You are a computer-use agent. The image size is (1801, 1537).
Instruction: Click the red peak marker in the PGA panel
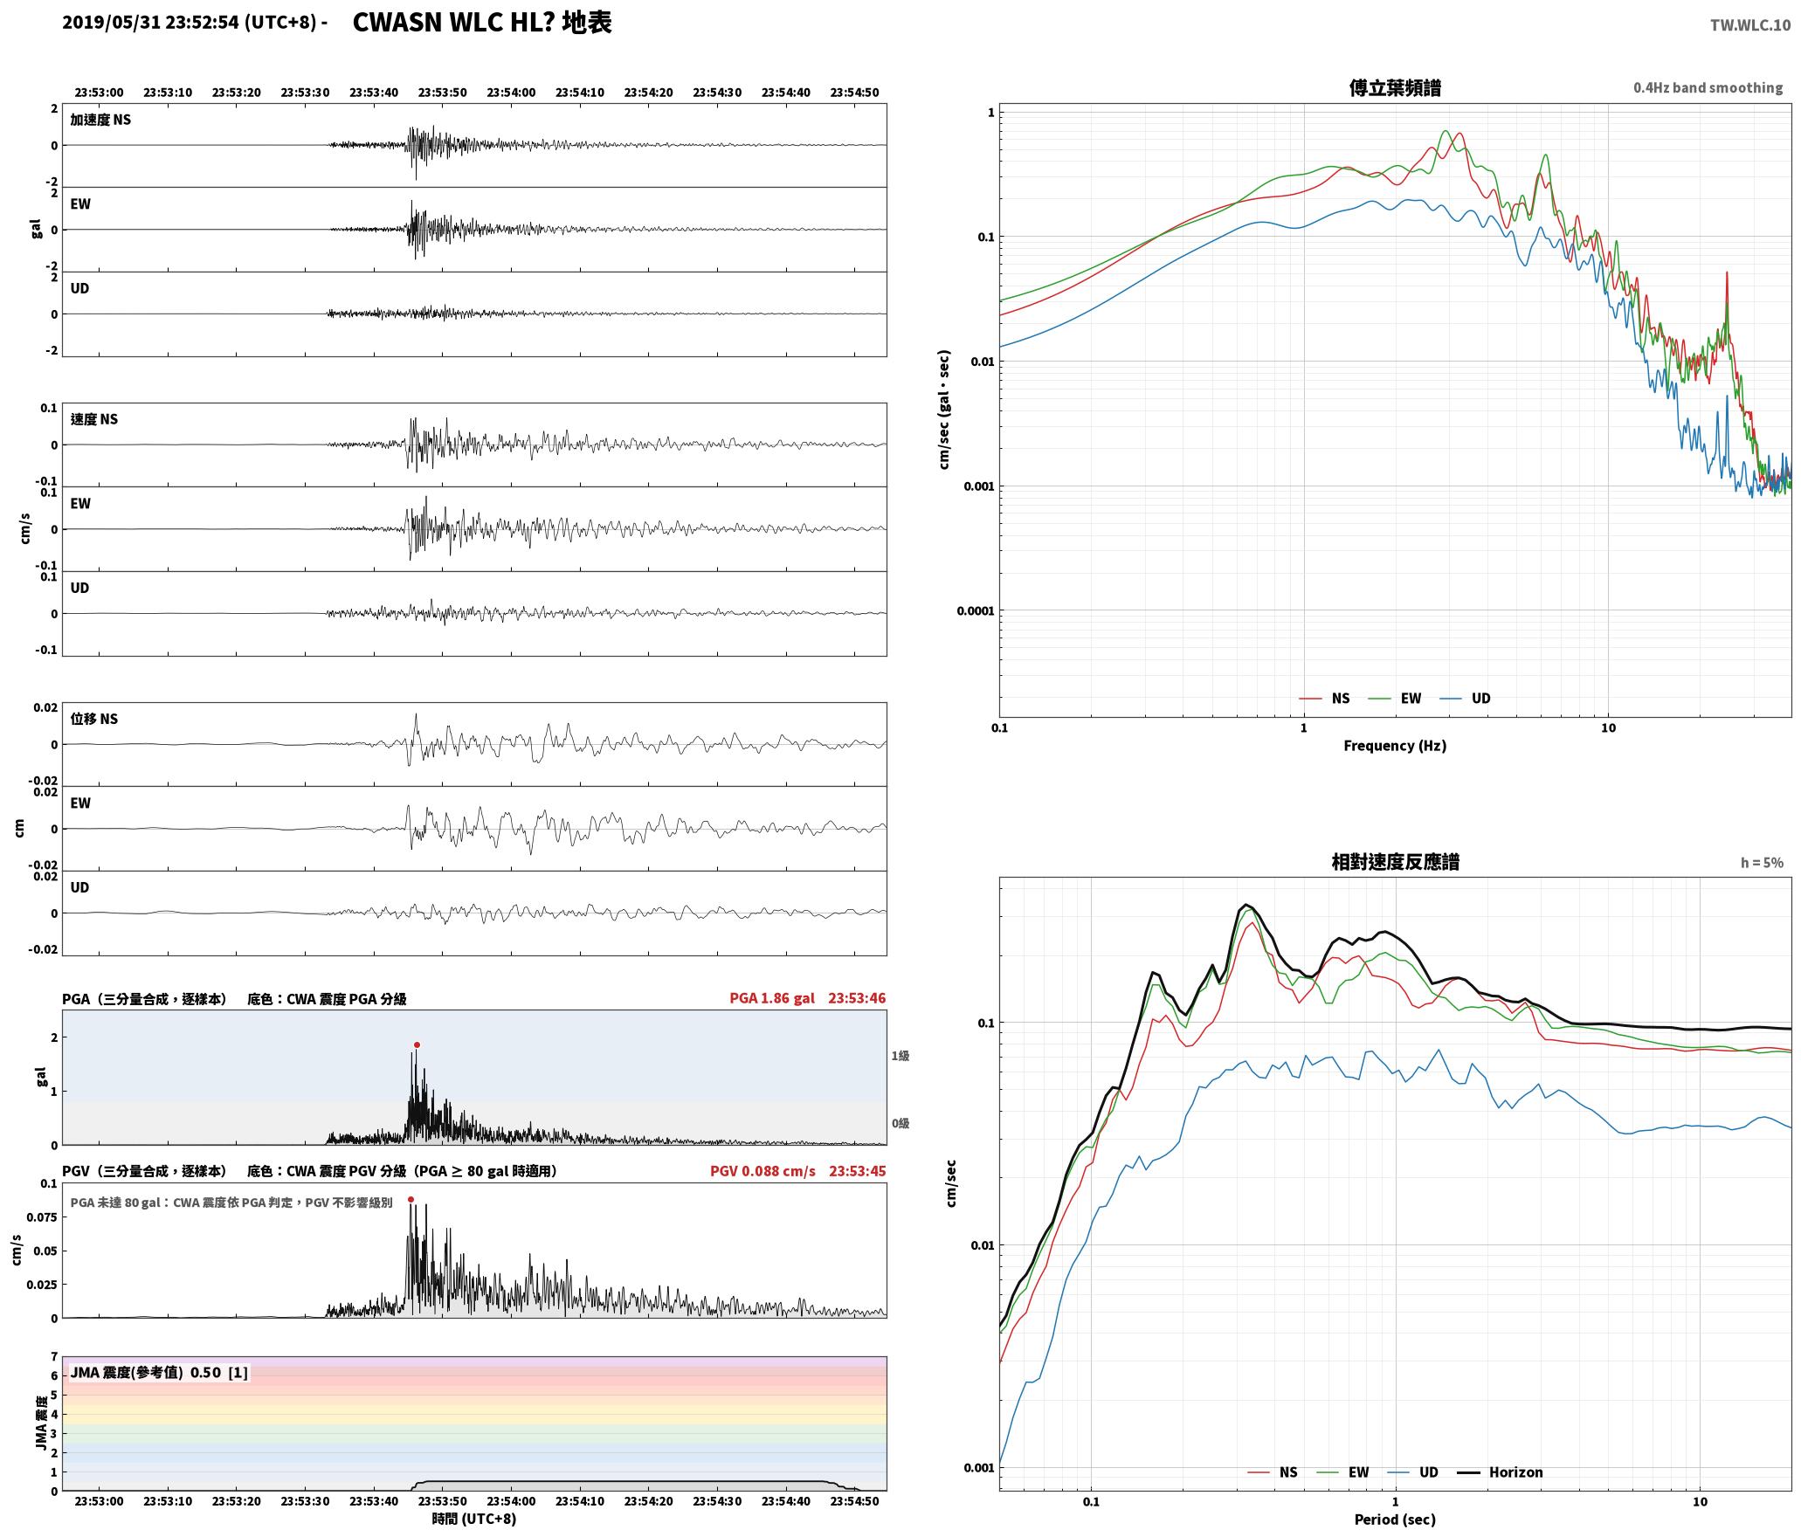point(417,1044)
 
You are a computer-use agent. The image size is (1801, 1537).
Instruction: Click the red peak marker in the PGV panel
point(411,1199)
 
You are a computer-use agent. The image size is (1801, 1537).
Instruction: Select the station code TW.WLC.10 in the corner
point(1749,25)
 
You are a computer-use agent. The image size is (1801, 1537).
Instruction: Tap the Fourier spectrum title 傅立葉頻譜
point(1395,88)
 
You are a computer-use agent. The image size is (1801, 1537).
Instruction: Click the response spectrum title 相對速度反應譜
point(1395,862)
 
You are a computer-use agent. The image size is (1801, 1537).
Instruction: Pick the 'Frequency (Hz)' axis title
point(1395,746)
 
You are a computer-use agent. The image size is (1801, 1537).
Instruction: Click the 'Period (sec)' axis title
point(1395,1520)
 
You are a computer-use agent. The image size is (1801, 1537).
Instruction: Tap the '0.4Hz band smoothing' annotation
point(1708,88)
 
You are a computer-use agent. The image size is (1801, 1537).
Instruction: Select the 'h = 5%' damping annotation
point(1762,863)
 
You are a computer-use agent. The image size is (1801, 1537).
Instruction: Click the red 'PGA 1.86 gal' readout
point(772,998)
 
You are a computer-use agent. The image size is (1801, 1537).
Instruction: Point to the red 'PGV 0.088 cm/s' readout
point(762,1171)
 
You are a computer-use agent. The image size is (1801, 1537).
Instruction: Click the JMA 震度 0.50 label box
point(159,1373)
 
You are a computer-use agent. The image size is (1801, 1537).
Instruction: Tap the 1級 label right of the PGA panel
point(900,1056)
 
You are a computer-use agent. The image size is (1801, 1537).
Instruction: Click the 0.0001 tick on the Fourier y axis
point(976,610)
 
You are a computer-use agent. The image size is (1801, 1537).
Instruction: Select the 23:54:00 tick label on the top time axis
point(511,93)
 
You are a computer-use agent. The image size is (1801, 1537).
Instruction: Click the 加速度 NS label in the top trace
point(100,120)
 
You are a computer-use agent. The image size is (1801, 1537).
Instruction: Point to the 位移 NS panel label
point(93,719)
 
